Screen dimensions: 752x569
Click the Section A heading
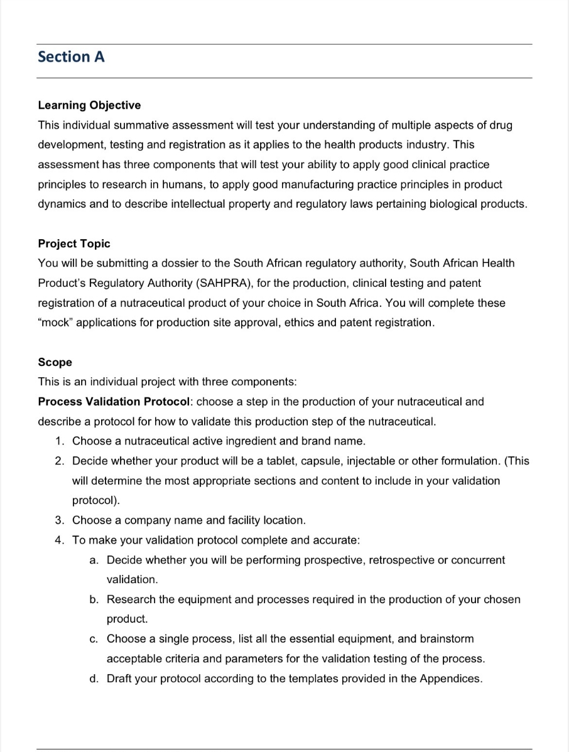pyautogui.click(x=71, y=57)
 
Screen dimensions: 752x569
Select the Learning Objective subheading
pyautogui.click(x=89, y=105)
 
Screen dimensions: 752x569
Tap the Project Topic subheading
pyautogui.click(x=74, y=244)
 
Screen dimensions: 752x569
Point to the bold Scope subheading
pyautogui.click(x=55, y=362)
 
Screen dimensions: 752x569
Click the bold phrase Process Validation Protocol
pyautogui.click(x=113, y=401)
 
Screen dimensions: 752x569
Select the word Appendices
pyautogui.click(x=450, y=678)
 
